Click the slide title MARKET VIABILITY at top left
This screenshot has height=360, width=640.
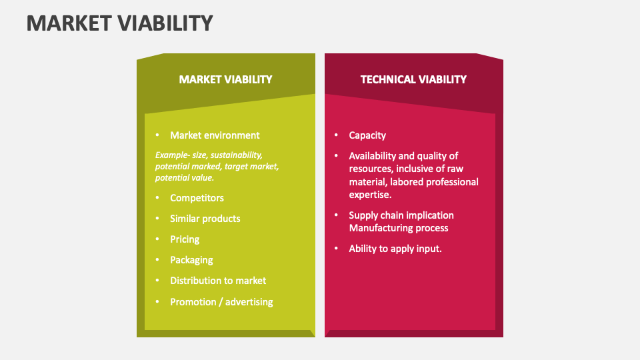tap(120, 23)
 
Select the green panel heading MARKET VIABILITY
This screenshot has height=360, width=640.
tap(225, 79)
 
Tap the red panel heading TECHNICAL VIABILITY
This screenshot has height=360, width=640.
tap(413, 79)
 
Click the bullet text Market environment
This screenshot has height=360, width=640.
tap(215, 135)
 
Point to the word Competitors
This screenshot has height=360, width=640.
tap(197, 198)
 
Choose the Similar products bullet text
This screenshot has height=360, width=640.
tap(205, 219)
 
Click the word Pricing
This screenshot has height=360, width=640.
tap(185, 239)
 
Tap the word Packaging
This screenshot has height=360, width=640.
tap(191, 260)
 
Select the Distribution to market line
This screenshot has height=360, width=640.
tap(218, 281)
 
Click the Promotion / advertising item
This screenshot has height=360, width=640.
tap(221, 302)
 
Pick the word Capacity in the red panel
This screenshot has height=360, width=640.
tap(367, 135)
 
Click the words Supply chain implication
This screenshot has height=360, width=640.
tap(401, 215)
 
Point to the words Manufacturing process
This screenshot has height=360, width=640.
tap(399, 228)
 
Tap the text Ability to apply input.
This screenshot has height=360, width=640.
tap(395, 249)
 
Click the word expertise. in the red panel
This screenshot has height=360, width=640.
tap(370, 195)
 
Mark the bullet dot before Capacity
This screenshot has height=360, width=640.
tap(336, 135)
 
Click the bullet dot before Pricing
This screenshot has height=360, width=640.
tap(157, 239)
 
